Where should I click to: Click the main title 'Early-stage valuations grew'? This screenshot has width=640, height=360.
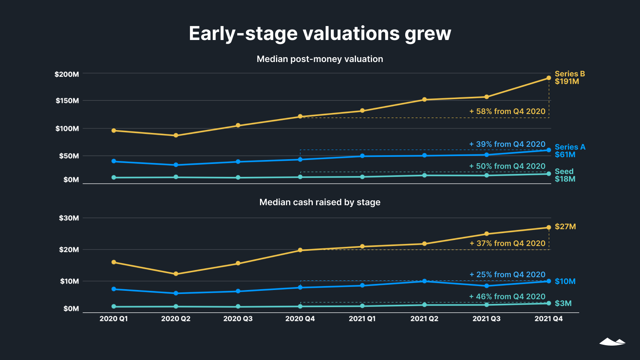point(320,33)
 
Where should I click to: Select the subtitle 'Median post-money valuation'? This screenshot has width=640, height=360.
point(320,59)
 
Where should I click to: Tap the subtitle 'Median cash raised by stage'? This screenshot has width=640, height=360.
point(320,202)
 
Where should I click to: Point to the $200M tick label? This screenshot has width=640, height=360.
point(67,74)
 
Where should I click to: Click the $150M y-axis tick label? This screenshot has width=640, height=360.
point(67,101)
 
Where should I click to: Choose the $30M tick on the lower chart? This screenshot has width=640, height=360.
point(69,218)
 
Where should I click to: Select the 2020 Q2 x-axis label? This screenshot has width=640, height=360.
point(176,319)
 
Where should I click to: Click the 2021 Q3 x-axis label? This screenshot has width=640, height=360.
point(486,319)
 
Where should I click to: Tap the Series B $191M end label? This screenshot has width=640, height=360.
point(569,78)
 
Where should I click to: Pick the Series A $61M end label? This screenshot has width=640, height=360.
point(570,151)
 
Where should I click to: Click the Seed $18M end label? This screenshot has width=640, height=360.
point(564,175)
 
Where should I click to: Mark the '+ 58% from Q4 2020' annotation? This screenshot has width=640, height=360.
point(507,112)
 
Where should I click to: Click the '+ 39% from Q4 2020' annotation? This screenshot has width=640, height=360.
point(507,144)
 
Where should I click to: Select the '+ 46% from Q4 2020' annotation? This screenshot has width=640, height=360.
point(507,297)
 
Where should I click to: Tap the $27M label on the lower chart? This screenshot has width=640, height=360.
point(565,227)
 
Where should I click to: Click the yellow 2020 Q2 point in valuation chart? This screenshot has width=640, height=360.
point(176,136)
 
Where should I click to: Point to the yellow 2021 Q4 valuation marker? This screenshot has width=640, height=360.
point(549,78)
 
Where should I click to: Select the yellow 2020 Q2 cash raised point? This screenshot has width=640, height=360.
point(176,274)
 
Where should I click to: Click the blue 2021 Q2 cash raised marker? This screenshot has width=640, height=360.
point(424,281)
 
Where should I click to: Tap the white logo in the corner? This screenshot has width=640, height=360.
point(612,342)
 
